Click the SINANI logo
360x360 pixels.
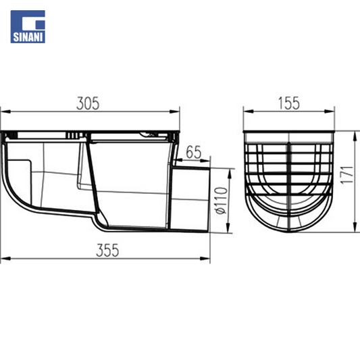pyautogui.click(x=28, y=26)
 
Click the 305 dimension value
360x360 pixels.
pyautogui.click(x=88, y=103)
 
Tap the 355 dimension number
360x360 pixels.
pyautogui.click(x=107, y=251)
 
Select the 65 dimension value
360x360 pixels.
pyautogui.click(x=194, y=152)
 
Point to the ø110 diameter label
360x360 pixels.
pyautogui.click(x=222, y=201)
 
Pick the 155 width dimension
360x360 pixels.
pyautogui.click(x=289, y=103)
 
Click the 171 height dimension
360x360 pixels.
pyautogui.click(x=346, y=174)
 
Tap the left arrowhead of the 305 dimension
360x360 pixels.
pyautogui.click(x=5, y=111)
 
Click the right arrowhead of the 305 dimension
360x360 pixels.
pyautogui.click(x=174, y=111)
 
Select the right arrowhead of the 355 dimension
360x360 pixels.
pyautogui.click(x=205, y=259)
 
